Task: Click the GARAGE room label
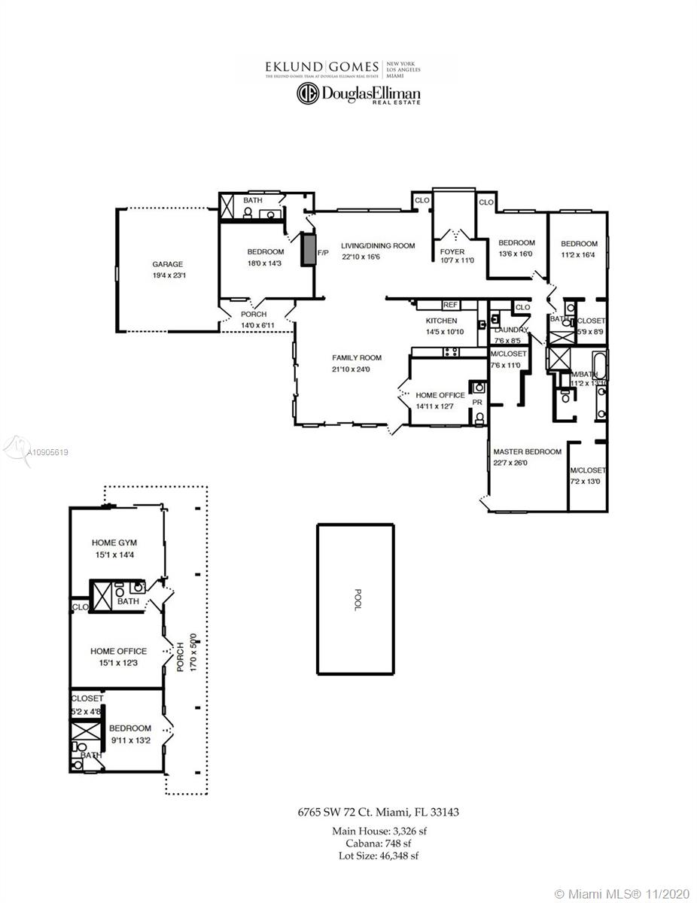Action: [167, 264]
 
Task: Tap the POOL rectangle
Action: [355, 599]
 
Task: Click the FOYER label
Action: [452, 251]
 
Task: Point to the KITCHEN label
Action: [441, 321]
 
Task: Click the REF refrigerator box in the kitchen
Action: [450, 305]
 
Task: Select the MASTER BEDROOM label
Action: [527, 451]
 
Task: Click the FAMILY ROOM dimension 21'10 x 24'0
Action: [357, 369]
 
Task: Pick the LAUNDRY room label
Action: [511, 330]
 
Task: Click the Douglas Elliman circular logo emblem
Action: [306, 93]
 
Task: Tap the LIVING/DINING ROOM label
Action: [378, 245]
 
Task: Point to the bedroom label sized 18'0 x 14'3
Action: [266, 251]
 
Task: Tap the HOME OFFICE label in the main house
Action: [440, 395]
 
